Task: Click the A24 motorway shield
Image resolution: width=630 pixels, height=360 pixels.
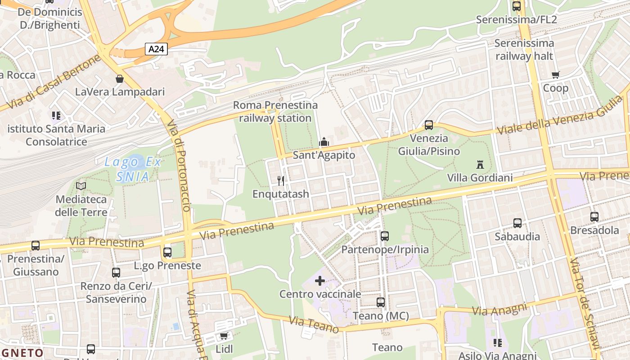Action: pos(156,49)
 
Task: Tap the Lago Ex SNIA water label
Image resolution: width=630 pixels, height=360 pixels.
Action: pos(132,169)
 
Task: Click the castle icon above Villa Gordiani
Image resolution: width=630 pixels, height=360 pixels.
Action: pos(480,165)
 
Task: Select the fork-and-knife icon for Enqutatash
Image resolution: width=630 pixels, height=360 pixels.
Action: pos(281,181)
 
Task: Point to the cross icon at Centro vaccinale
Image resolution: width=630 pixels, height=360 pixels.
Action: pos(320,281)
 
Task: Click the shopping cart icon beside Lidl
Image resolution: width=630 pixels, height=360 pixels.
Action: pos(224,336)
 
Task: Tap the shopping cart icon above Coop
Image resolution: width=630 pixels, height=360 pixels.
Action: pos(555,75)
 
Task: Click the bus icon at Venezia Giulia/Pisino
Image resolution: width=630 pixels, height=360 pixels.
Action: pos(429,125)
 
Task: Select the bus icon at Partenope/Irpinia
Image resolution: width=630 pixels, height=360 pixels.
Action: pos(385,236)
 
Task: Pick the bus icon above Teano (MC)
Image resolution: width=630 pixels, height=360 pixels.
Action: pos(381,302)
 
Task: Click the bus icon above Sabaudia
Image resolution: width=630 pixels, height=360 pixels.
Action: pos(517,223)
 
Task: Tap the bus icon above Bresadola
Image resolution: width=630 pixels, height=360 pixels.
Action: pos(594,217)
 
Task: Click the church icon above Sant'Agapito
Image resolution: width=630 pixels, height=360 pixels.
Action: pos(324,142)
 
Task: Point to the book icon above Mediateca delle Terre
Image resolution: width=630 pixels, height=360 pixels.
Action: pos(81,186)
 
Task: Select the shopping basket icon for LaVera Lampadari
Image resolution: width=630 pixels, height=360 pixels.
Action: pos(120,79)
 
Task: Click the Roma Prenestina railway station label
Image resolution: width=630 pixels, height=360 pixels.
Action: pos(275,112)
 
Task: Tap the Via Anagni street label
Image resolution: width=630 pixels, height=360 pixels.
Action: pos(499,309)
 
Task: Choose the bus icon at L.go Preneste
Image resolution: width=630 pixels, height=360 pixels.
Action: pos(167,252)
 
